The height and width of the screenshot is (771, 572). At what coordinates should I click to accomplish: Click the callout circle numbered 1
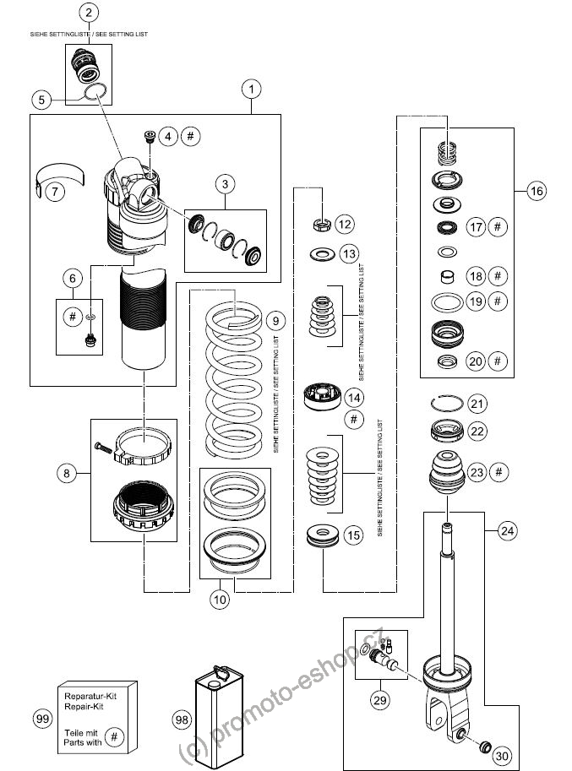251,89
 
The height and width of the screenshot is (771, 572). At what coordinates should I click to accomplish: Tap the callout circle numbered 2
89,13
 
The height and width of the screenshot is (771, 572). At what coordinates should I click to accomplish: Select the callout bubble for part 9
275,321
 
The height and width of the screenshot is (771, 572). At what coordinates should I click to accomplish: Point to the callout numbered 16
537,191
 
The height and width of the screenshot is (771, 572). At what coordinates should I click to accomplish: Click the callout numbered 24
507,530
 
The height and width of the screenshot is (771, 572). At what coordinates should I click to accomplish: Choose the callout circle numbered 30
502,756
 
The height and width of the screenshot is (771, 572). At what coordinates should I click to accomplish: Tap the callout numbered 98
182,719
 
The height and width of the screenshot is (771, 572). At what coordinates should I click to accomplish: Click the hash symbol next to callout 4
191,136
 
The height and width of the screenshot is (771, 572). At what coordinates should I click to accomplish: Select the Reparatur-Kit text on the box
90,696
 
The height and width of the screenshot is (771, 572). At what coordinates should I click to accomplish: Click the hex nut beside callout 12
321,225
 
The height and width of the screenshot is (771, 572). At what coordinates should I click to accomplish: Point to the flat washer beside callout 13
322,254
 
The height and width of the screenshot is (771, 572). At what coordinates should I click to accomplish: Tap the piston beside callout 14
323,397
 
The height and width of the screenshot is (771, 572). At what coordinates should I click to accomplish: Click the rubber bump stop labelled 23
447,473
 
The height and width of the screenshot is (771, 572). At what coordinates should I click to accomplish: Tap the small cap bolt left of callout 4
150,136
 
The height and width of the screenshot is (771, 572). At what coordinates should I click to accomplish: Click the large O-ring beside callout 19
447,301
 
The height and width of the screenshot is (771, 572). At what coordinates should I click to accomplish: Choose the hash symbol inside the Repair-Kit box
114,736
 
